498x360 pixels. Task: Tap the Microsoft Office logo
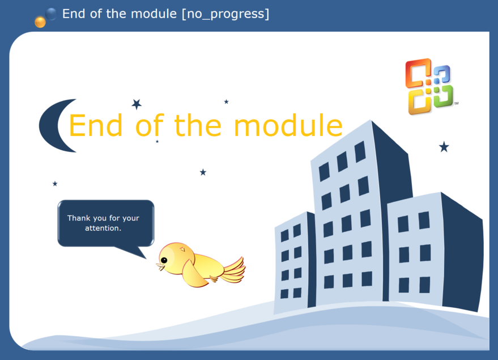tap(429, 86)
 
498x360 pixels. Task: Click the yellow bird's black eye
tap(164, 260)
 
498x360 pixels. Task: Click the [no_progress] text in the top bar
tap(225, 14)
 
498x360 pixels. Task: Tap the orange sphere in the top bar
tap(40, 22)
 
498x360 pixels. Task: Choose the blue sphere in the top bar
tap(51, 14)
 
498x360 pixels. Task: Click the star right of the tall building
tap(444, 147)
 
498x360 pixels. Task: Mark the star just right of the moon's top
tap(137, 104)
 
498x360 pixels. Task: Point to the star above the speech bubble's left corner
tap(55, 184)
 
